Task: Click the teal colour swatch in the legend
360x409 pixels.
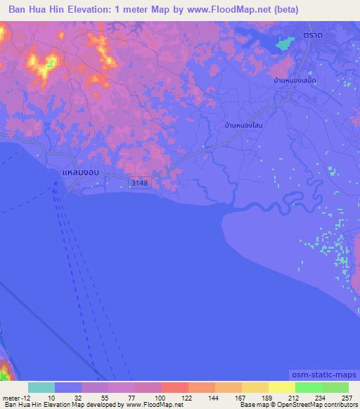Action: pos(41,387)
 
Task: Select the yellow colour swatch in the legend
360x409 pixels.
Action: pos(282,387)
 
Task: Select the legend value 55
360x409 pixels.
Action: pos(95,397)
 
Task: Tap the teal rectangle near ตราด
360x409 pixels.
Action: pos(285,43)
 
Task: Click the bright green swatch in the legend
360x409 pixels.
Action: pos(309,387)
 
